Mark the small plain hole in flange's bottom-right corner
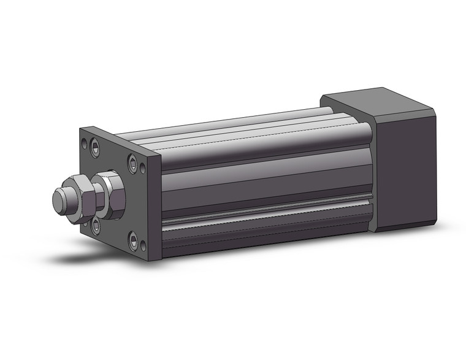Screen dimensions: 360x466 tap(143, 247)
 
